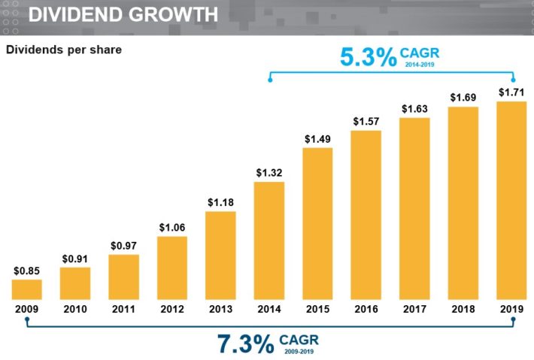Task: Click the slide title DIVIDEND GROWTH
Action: click(124, 14)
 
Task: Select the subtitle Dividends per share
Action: click(64, 50)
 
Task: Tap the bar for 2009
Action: click(27, 290)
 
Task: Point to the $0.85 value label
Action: click(27, 271)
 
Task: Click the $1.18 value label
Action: click(220, 201)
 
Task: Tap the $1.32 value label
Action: click(269, 173)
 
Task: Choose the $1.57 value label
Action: click(366, 121)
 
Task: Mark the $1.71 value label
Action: click(511, 92)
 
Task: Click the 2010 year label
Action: click(75, 309)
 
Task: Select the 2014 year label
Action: click(269, 309)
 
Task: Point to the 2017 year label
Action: click(414, 309)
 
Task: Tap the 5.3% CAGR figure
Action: click(369, 58)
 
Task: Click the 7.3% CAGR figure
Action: click(246, 344)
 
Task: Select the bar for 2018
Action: click(463, 204)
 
